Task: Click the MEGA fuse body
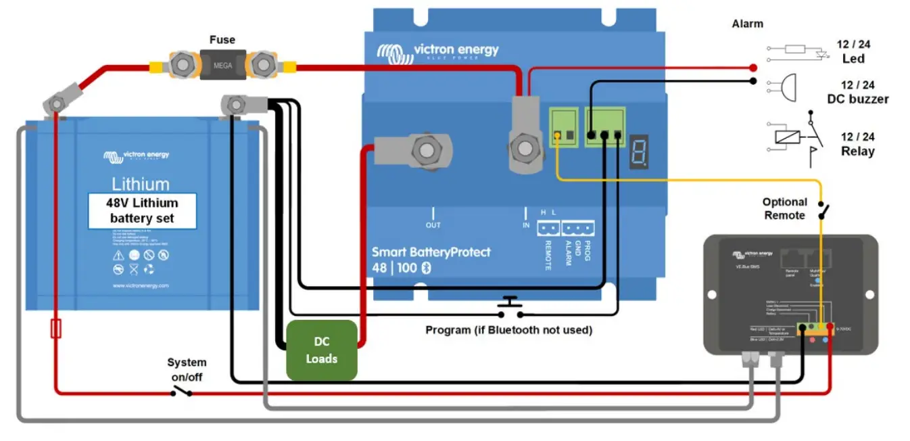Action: click(x=221, y=66)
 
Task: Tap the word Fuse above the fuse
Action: click(x=222, y=40)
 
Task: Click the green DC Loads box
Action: click(x=321, y=350)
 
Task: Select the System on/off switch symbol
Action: click(x=181, y=390)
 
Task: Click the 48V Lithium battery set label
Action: click(x=143, y=210)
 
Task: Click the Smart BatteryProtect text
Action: click(x=431, y=252)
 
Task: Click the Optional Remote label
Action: click(x=784, y=208)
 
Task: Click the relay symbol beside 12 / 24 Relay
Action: click(x=797, y=137)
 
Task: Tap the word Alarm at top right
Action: click(x=747, y=24)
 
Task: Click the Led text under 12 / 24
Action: click(x=853, y=59)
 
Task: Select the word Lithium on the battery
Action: click(x=141, y=183)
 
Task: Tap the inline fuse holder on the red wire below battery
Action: click(x=56, y=329)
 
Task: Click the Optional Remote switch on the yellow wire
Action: click(x=823, y=210)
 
